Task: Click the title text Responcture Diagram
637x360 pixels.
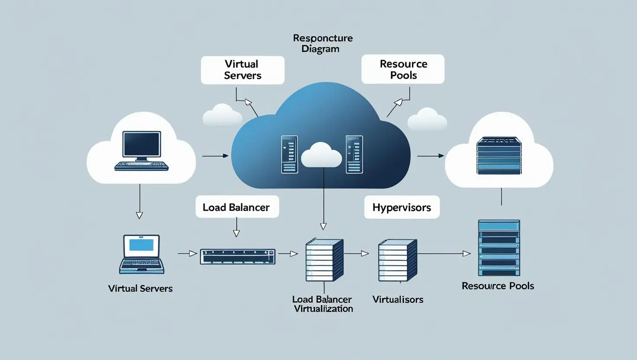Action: (322, 43)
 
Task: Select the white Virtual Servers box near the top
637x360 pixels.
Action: (242, 70)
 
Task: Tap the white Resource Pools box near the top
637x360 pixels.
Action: (403, 69)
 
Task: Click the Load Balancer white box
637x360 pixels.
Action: (236, 207)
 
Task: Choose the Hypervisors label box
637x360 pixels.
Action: (402, 207)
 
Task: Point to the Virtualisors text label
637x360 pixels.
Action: (398, 299)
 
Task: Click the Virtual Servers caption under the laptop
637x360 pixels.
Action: (140, 289)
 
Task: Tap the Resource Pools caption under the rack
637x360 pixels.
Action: (498, 286)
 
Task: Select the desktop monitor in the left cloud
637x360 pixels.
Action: (142, 145)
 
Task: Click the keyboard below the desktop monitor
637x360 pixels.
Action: (142, 166)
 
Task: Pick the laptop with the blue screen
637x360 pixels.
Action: (142, 254)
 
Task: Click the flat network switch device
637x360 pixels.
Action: (238, 257)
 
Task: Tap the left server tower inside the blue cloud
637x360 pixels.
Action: (290, 154)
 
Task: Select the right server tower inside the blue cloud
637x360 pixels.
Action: (354, 154)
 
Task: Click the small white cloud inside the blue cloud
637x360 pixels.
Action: (321, 155)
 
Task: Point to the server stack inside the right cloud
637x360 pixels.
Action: (499, 156)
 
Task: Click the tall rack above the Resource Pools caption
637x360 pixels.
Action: (499, 248)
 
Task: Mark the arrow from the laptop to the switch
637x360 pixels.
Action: (187, 254)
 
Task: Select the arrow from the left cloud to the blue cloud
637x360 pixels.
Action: (215, 156)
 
